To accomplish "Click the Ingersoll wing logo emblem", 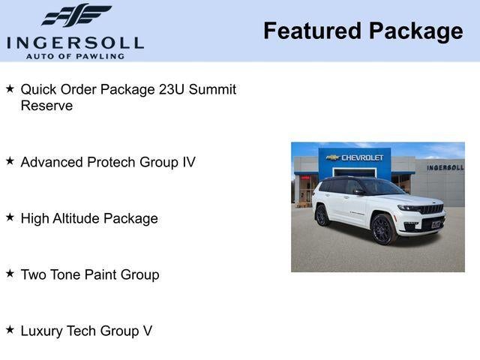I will [x=76, y=15].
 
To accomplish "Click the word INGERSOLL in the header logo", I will [x=75, y=42].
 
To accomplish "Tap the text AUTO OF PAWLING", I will [x=75, y=56].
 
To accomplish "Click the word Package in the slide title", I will [x=415, y=31].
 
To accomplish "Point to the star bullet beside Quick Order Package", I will [x=10, y=88].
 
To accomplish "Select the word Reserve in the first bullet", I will [x=46, y=106].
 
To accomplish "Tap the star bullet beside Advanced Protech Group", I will [x=10, y=160].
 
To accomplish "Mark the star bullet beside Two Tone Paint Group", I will [x=10, y=273].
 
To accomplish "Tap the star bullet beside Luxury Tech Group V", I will [x=10, y=329].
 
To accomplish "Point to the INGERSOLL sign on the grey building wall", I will [x=445, y=167].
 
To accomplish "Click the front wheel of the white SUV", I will [x=382, y=229].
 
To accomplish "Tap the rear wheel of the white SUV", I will [x=322, y=215].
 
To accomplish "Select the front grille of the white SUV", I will [x=430, y=209].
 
